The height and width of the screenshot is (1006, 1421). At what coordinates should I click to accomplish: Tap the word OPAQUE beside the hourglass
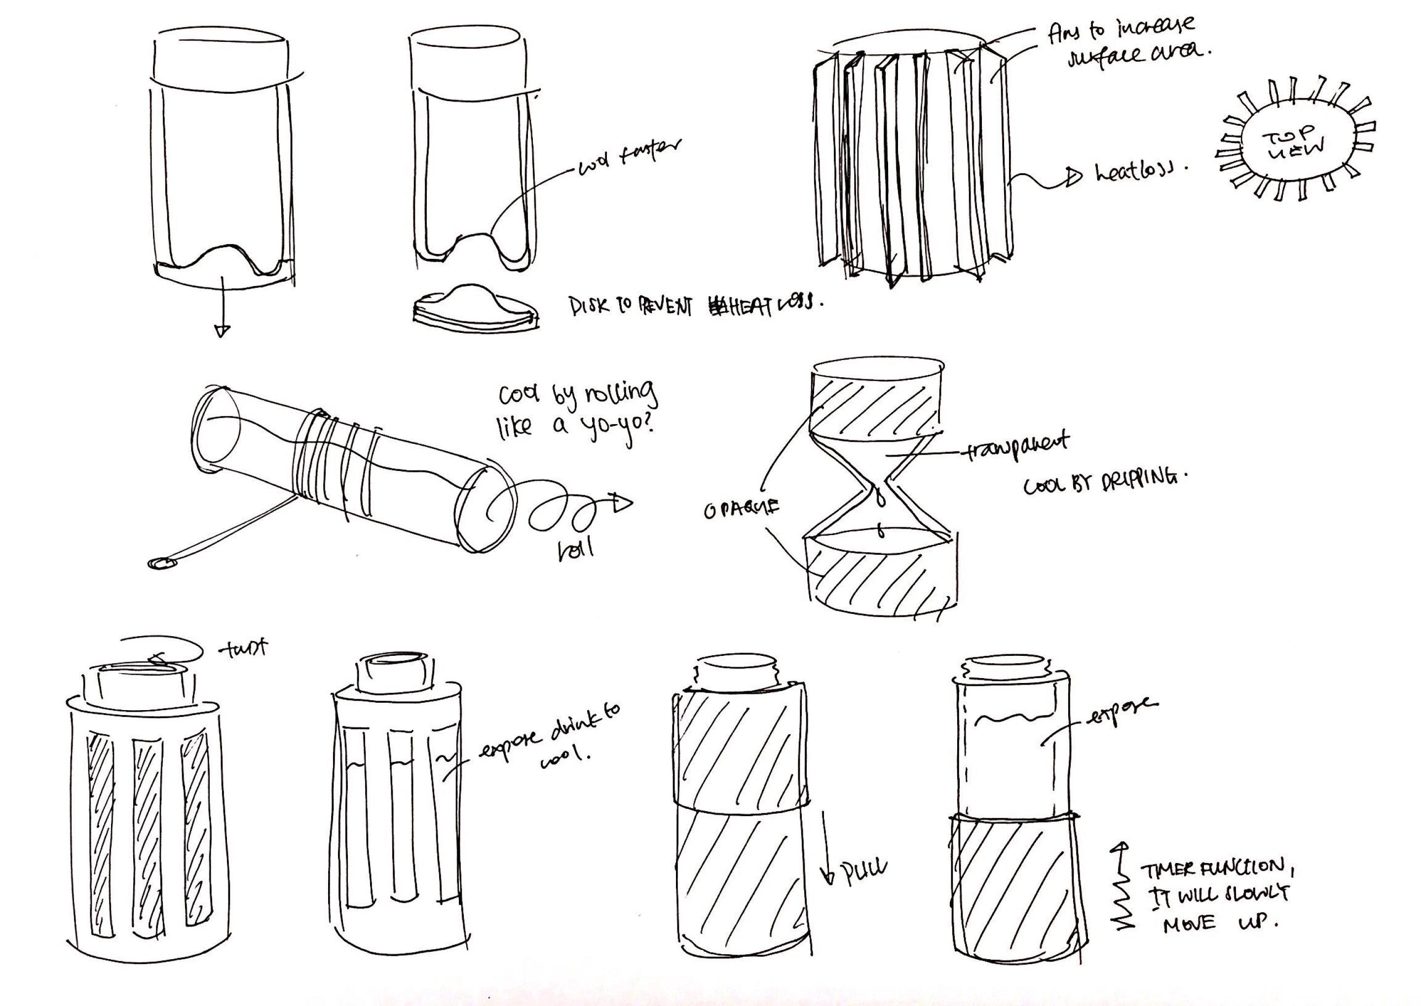click(741, 509)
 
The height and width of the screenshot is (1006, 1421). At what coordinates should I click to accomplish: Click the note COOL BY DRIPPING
click(1106, 481)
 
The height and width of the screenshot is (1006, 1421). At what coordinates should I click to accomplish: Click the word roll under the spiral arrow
click(575, 547)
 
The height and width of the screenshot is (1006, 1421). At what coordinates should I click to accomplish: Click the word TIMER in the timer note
click(1168, 870)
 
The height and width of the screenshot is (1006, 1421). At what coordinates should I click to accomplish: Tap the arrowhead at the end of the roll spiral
click(622, 503)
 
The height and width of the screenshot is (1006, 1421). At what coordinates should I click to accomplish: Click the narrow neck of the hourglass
click(879, 488)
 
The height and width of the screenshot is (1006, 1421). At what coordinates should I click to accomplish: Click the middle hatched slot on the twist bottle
click(148, 836)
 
